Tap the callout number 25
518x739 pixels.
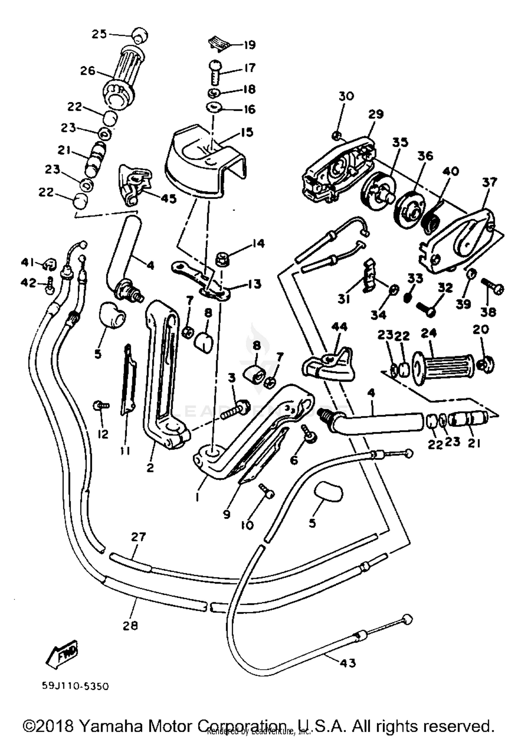coord(99,34)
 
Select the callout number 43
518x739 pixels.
coord(348,663)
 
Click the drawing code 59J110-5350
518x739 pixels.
coord(75,686)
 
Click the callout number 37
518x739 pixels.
coord(490,182)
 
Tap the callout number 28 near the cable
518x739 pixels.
coord(130,625)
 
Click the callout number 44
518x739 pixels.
coord(339,326)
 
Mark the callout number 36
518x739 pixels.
coord(425,156)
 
